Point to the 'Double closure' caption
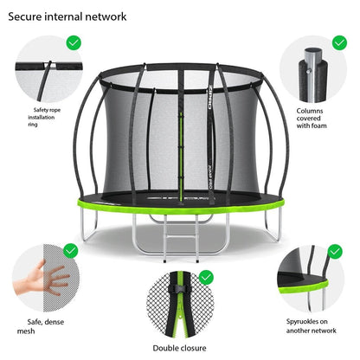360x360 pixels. (x=180, y=349)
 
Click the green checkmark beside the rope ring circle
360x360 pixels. (x=74, y=42)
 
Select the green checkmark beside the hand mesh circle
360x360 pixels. (x=70, y=251)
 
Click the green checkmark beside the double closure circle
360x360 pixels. (x=206, y=277)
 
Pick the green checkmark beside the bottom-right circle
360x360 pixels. (x=336, y=251)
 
